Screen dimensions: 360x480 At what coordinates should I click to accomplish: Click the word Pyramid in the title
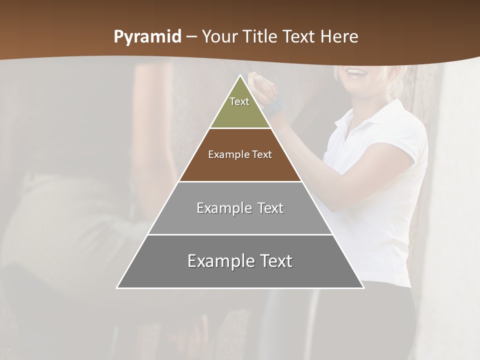click(147, 37)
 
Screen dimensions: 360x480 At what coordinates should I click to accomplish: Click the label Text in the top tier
click(239, 101)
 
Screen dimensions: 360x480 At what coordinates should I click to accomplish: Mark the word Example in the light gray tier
click(223, 208)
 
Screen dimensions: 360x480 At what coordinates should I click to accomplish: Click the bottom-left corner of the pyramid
click(117, 287)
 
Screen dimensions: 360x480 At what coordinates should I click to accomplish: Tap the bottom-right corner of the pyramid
click(363, 287)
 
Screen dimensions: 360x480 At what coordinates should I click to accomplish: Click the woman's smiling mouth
click(356, 72)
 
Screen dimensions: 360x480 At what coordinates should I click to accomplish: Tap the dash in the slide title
click(191, 36)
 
